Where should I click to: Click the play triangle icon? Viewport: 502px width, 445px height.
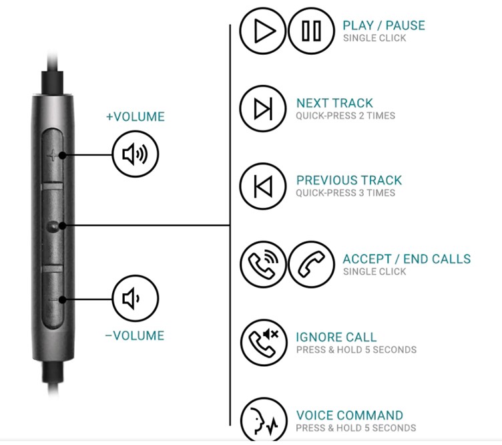click(x=263, y=31)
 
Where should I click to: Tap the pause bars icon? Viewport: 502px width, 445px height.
click(x=311, y=31)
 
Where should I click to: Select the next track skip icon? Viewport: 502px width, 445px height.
click(x=263, y=109)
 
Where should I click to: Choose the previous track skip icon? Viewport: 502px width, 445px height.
click(x=263, y=186)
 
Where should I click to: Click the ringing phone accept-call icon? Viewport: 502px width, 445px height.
click(x=263, y=265)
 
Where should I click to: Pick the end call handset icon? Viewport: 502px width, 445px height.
click(x=311, y=265)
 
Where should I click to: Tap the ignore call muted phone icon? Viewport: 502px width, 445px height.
click(x=264, y=343)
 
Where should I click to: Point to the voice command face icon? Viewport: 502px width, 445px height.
click(x=264, y=420)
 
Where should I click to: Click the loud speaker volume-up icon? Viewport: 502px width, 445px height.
click(x=136, y=154)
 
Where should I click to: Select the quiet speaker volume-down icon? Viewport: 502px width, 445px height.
click(x=136, y=298)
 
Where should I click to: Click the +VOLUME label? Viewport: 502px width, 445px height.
click(x=136, y=117)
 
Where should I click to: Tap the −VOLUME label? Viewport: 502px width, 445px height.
click(x=135, y=335)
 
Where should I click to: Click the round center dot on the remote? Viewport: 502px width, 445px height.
click(x=53, y=227)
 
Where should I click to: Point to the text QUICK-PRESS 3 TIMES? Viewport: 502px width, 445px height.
click(x=345, y=193)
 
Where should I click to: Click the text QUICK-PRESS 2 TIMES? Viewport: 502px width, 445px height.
click(x=345, y=116)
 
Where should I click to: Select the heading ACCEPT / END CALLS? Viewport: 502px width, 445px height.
click(x=407, y=259)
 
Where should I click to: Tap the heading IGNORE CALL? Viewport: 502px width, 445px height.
click(x=336, y=337)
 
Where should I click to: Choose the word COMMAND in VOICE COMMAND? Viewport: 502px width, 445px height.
click(x=371, y=416)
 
